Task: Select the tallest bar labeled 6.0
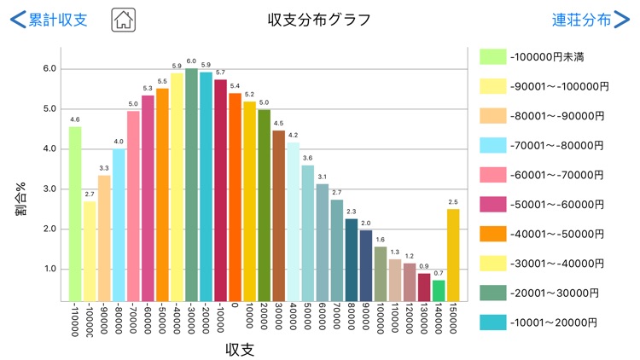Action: click(191, 184)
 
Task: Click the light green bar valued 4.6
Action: click(75, 213)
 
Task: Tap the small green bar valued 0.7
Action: click(439, 290)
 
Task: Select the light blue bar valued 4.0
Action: click(119, 225)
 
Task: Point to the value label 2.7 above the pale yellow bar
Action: click(90, 195)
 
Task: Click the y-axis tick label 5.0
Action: click(49, 108)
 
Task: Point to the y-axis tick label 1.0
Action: click(49, 269)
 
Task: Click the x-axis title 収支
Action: click(241, 350)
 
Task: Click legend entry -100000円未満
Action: click(545, 56)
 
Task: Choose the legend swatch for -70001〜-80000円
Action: click(493, 145)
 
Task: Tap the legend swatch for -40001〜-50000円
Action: click(493, 234)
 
